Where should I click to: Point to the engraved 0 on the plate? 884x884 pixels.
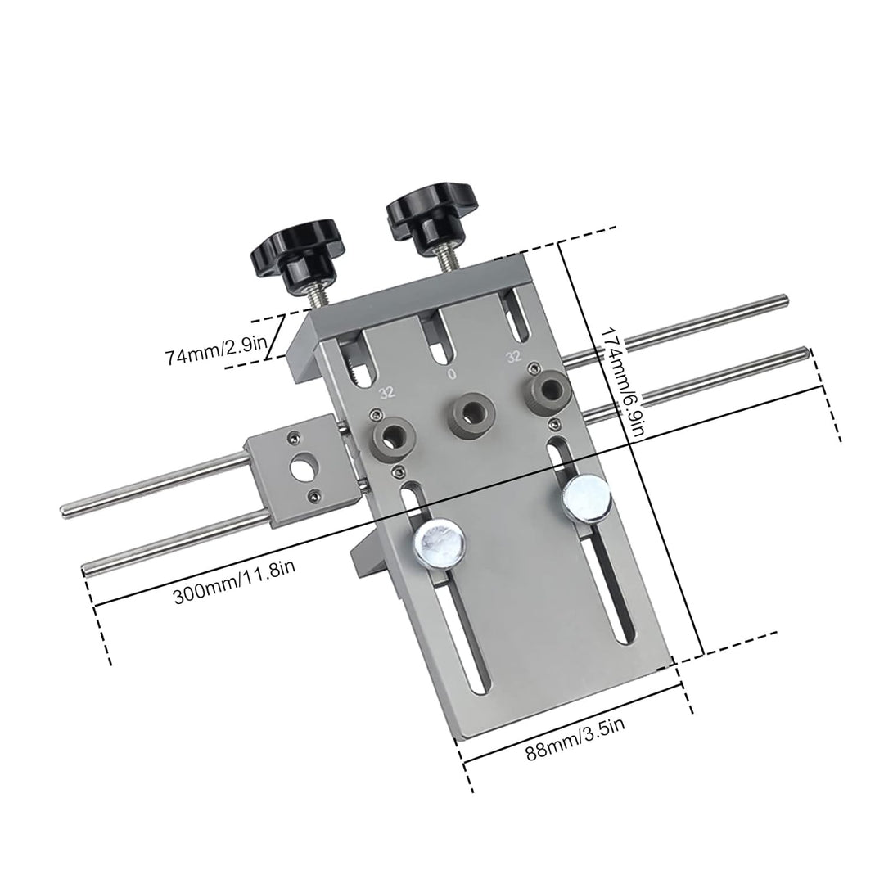[451, 374]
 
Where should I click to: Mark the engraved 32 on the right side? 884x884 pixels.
[513, 356]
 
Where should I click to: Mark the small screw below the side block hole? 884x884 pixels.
[315, 494]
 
